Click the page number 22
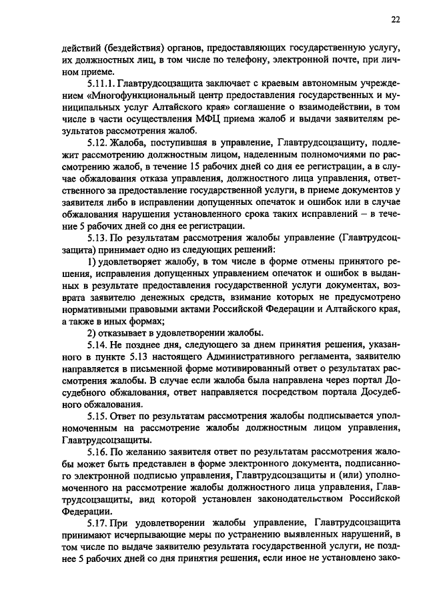395,21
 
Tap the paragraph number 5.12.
97,142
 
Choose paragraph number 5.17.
97,523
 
